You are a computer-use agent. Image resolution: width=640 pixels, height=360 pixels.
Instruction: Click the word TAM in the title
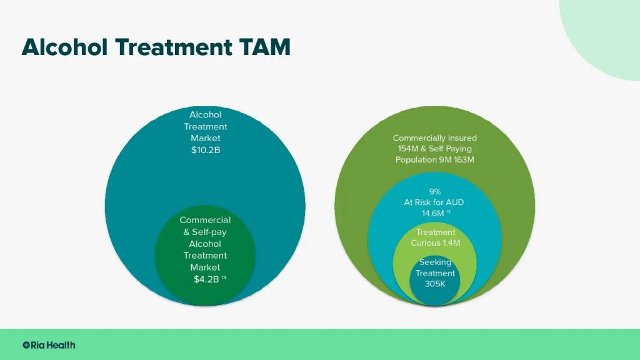click(x=265, y=47)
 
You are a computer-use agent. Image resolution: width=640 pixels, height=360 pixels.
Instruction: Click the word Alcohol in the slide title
click(x=64, y=47)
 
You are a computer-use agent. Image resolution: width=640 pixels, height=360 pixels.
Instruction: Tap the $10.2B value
click(x=206, y=150)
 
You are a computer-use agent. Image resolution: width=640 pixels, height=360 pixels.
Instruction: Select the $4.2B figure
click(x=206, y=279)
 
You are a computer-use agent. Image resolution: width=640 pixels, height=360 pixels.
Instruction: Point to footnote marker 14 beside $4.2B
click(x=224, y=277)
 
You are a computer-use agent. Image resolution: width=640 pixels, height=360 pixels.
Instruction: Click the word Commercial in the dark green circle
click(x=205, y=220)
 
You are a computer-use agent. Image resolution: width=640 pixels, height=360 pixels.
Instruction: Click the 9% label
click(x=435, y=191)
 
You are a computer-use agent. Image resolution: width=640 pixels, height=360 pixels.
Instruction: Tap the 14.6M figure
click(x=432, y=214)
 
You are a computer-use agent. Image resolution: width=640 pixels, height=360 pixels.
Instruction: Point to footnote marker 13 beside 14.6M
click(x=448, y=211)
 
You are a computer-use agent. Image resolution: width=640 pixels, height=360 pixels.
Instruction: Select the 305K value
click(x=435, y=284)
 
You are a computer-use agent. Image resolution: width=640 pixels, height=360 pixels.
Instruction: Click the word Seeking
click(x=435, y=262)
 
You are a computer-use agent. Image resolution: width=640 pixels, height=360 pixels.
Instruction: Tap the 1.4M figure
click(x=451, y=243)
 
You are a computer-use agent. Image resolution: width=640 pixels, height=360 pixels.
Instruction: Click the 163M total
click(x=464, y=159)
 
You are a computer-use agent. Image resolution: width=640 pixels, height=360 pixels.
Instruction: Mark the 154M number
click(x=408, y=149)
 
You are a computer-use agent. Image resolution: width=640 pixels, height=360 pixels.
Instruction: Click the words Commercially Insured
click(x=435, y=138)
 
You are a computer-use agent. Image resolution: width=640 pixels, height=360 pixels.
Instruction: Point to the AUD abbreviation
click(x=455, y=202)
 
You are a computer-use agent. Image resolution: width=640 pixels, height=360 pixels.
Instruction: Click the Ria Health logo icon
click(x=26, y=345)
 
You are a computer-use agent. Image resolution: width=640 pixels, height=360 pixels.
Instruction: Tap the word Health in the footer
click(x=61, y=345)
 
